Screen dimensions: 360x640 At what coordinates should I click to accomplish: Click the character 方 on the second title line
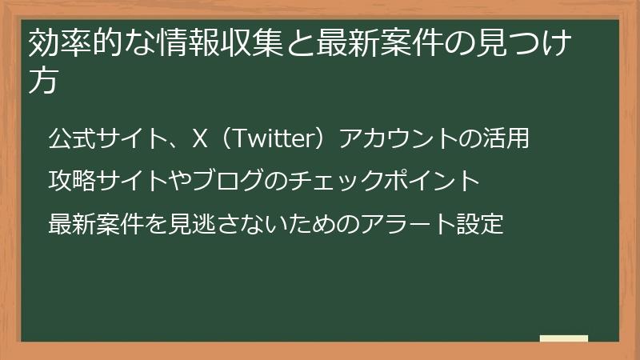tap(43, 81)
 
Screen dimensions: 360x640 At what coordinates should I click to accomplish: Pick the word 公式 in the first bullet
tap(72, 138)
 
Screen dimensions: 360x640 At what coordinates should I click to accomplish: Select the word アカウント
tap(388, 138)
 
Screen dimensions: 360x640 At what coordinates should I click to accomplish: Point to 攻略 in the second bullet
tap(72, 182)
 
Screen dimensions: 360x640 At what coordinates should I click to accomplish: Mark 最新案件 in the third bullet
tap(96, 224)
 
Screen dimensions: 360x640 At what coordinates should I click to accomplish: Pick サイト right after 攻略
tap(131, 182)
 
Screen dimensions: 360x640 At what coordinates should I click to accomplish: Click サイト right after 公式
tap(131, 138)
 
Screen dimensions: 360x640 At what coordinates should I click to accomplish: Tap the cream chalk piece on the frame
tap(564, 338)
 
